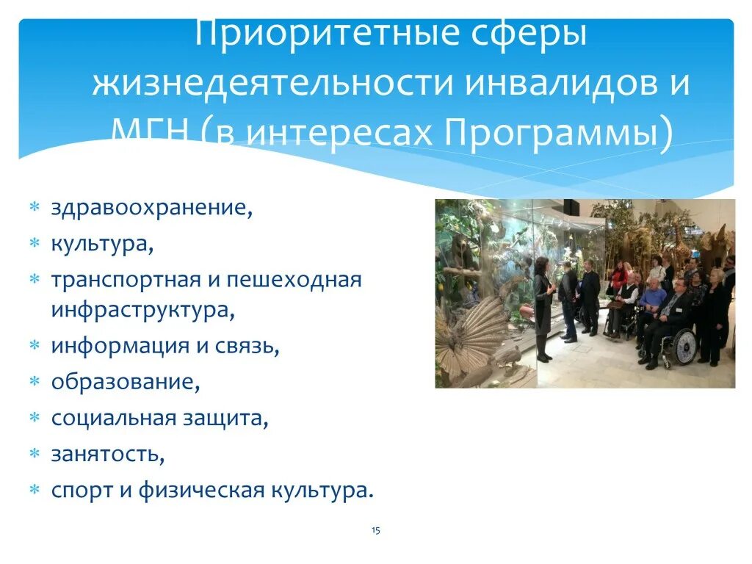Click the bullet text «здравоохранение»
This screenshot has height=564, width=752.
151,207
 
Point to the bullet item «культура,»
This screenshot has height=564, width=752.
102,243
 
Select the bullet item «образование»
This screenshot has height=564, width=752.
126,382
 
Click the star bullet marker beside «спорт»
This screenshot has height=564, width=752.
34,490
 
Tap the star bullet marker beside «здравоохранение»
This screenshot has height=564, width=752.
34,208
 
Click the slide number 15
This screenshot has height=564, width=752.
376,530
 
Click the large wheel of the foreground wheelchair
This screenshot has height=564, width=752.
683,347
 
